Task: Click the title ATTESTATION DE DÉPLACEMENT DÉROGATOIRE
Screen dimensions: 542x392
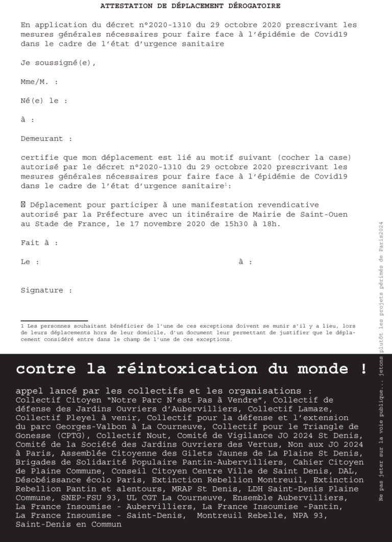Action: coord(190,6)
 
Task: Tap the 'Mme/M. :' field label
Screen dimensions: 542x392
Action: coord(39,82)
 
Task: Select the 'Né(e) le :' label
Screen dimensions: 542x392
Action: coord(44,101)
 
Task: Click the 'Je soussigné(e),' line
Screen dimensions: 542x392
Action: coord(58,63)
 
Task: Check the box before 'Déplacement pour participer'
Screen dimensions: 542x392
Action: coord(23,205)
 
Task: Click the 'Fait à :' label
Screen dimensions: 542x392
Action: coord(39,243)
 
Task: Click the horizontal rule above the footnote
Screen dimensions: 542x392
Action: coord(54,320)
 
